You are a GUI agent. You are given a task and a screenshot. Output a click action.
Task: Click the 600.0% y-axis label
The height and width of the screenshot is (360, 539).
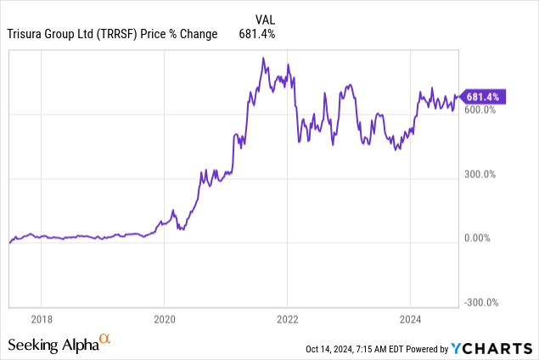pyautogui.click(x=480, y=110)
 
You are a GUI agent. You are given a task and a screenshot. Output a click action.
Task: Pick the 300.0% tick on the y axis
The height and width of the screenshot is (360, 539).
pyautogui.click(x=480, y=175)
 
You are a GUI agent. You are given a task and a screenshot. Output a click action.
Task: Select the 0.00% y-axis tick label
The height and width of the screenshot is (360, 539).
pyautogui.click(x=480, y=239)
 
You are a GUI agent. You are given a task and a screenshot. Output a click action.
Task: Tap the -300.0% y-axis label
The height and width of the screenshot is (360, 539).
pyautogui.click(x=480, y=303)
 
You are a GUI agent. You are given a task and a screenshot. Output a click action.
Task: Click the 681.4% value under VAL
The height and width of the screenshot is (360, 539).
pyautogui.click(x=258, y=34)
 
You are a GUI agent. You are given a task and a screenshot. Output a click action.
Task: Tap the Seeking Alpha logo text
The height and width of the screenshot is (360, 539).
pyautogui.click(x=53, y=344)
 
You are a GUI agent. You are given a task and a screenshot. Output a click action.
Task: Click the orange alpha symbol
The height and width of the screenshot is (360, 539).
pyautogui.click(x=105, y=340)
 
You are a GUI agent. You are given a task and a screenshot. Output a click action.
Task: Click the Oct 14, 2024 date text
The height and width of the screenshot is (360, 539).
pyautogui.click(x=333, y=348)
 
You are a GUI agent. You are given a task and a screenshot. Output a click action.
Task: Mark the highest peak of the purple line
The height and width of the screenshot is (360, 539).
pyautogui.click(x=263, y=58)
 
